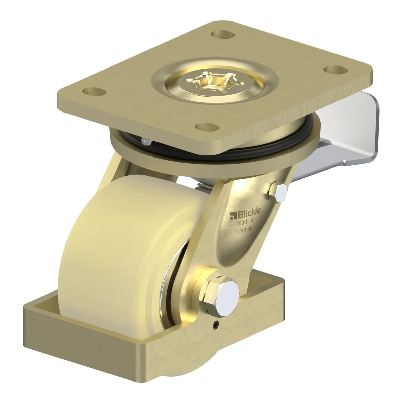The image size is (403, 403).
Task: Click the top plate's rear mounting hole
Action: coord(223,34)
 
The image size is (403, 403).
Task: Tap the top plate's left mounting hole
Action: coord(94,91)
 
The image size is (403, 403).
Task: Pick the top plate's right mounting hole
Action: coord(336,70)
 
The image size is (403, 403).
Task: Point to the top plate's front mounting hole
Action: coord(208,127)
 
